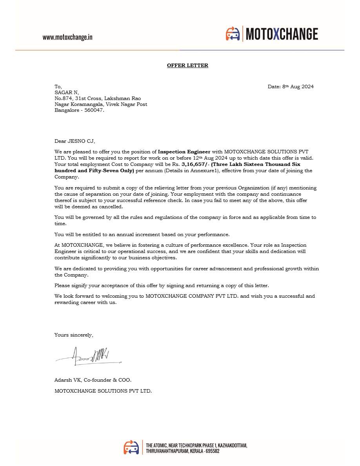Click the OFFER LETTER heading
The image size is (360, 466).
(x=187, y=66)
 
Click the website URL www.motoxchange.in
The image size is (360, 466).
(x=67, y=37)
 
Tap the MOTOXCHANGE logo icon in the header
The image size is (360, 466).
(x=233, y=34)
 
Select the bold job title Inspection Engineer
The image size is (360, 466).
(x=184, y=151)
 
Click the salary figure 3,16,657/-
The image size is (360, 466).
(x=195, y=164)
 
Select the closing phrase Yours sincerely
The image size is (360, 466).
(x=74, y=335)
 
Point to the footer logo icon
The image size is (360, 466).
(x=131, y=447)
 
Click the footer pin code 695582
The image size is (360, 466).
(x=211, y=451)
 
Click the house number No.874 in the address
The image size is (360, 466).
(x=63, y=98)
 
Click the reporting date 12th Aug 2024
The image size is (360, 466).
(x=210, y=158)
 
